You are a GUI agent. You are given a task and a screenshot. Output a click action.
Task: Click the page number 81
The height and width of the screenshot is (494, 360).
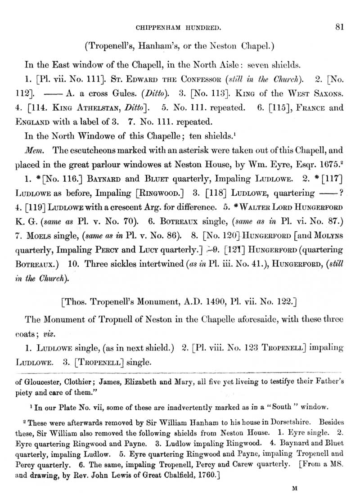coord(340,27)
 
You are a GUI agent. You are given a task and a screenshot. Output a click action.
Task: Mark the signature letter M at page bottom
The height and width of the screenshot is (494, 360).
coord(295,487)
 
